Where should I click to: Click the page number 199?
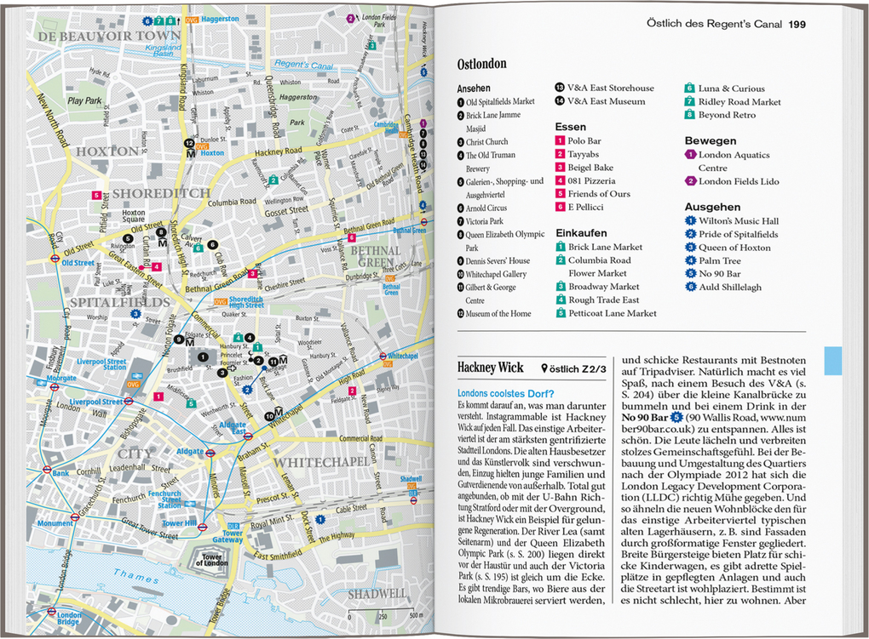[797, 24]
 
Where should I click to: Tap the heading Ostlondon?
[481, 64]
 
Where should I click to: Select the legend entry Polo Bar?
[584, 140]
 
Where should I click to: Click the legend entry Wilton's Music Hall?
[738, 221]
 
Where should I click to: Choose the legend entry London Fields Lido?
[738, 181]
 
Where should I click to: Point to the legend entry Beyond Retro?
[726, 115]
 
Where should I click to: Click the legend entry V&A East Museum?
[606, 101]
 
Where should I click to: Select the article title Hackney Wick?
[491, 368]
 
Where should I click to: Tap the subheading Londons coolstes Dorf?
[505, 393]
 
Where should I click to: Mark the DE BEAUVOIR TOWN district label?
[108, 37]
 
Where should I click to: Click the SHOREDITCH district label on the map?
[161, 193]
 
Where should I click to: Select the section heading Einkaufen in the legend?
[581, 232]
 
